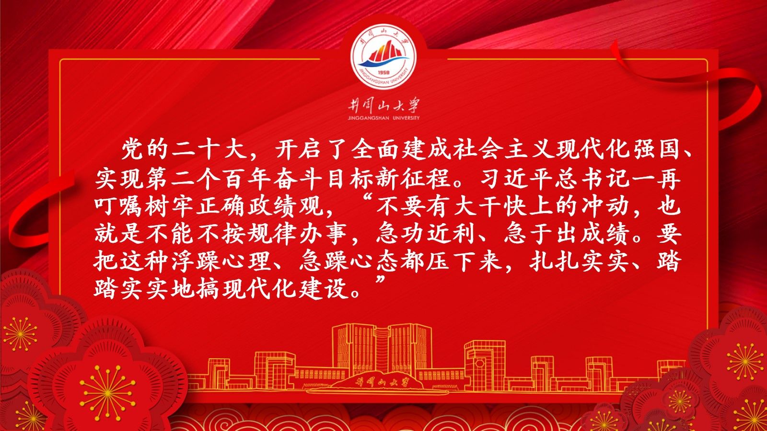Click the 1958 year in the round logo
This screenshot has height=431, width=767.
[383, 73]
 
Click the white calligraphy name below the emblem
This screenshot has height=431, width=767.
[383, 106]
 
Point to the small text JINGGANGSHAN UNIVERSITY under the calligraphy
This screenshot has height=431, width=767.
[383, 118]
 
